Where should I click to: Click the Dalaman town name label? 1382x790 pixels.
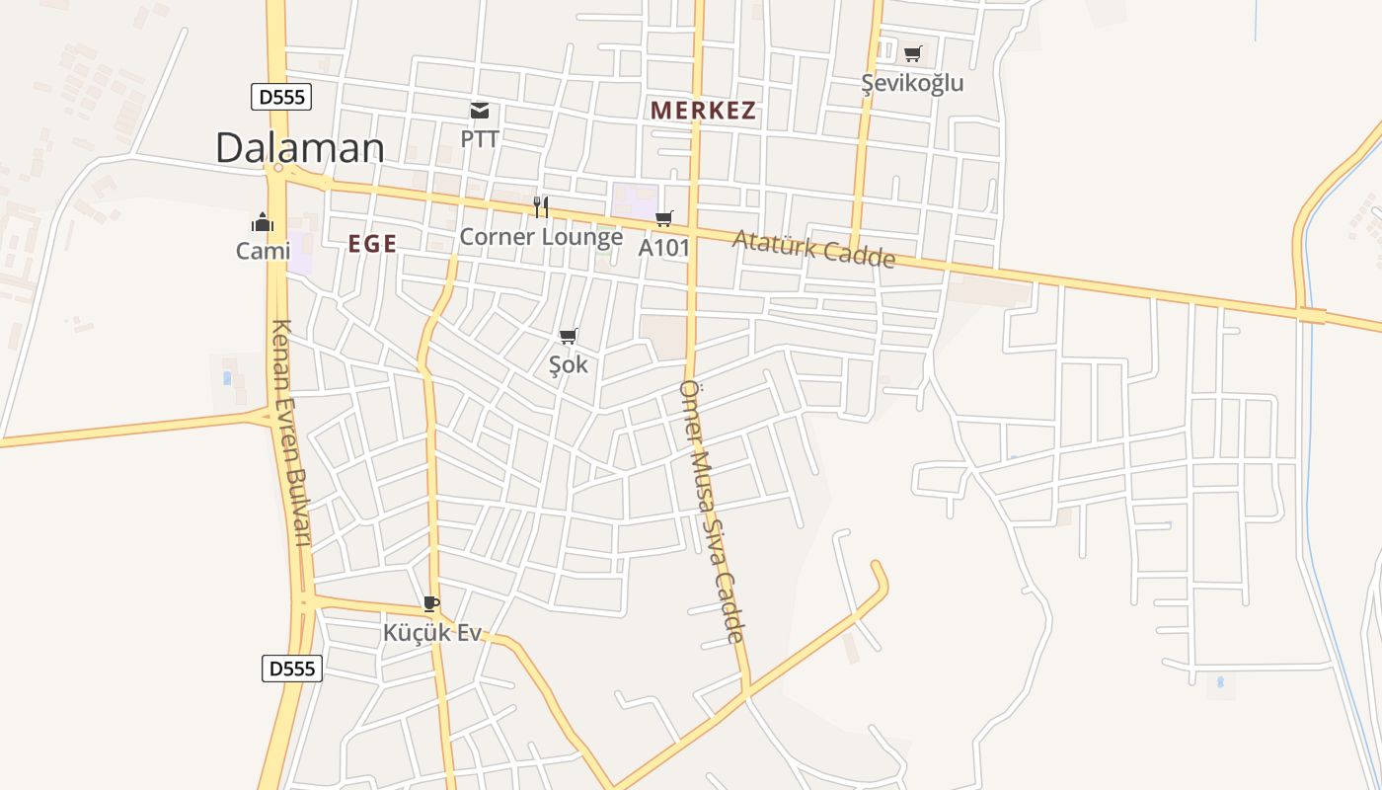click(x=299, y=148)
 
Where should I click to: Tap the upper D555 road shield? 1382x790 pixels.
click(x=281, y=97)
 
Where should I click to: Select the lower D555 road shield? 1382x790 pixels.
click(x=292, y=669)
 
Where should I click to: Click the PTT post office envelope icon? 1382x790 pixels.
click(x=480, y=111)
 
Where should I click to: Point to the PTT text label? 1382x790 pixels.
click(x=480, y=138)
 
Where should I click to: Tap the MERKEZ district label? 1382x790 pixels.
click(x=704, y=111)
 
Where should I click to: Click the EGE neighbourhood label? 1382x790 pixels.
click(x=372, y=244)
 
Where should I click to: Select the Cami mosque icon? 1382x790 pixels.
click(x=263, y=222)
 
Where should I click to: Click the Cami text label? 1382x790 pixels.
click(x=263, y=251)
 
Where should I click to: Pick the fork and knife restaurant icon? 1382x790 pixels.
click(x=541, y=206)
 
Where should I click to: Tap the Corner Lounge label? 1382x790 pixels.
click(x=541, y=237)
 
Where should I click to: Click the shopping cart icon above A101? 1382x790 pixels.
click(x=664, y=218)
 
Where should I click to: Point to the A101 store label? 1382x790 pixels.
click(x=663, y=247)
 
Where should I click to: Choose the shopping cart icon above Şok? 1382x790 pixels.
click(x=568, y=337)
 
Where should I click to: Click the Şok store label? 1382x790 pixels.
click(x=568, y=364)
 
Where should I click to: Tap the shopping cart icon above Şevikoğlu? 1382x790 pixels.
click(x=913, y=54)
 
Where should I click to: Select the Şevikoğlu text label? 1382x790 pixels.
click(x=912, y=83)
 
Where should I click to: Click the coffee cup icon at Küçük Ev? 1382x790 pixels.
click(x=430, y=603)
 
